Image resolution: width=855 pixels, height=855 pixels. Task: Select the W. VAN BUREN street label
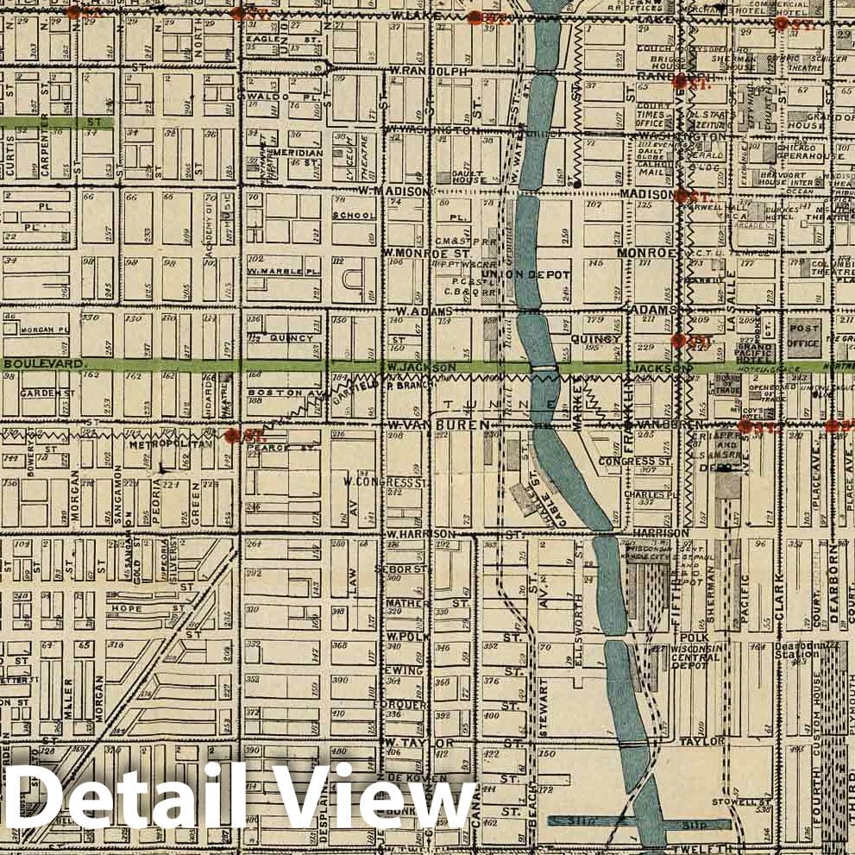(x=439, y=425)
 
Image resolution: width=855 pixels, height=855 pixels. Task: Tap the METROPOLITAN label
(x=170, y=446)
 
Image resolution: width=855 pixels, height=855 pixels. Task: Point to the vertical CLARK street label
(x=779, y=595)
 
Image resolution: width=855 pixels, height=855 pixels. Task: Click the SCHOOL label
(x=354, y=216)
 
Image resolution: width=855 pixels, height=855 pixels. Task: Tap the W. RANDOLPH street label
(x=429, y=70)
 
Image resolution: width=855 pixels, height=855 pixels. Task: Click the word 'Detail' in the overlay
(x=129, y=801)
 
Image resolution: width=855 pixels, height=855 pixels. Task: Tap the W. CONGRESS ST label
(x=386, y=481)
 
